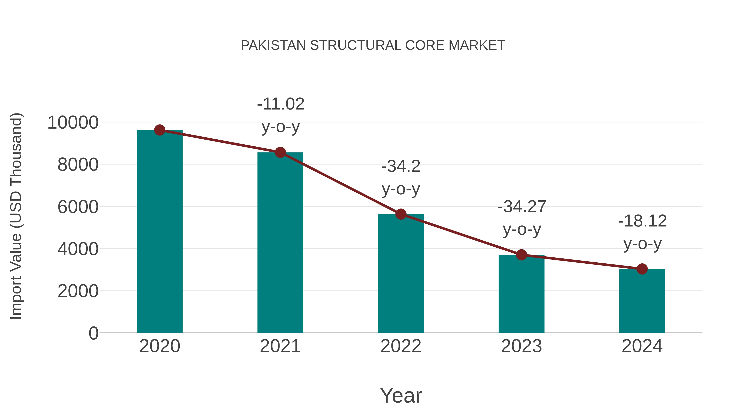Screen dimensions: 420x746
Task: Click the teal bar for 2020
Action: (x=160, y=232)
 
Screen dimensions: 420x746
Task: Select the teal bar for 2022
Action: (x=401, y=274)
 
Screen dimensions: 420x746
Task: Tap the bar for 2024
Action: (x=642, y=301)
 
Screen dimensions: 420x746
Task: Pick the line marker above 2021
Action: (x=280, y=152)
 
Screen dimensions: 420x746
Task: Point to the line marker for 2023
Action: (x=521, y=255)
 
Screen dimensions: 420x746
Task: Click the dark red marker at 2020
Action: (x=160, y=130)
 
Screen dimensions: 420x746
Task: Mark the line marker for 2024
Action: (x=642, y=269)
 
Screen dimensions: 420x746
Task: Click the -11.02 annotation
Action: (x=281, y=104)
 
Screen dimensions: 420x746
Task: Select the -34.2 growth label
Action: (x=401, y=166)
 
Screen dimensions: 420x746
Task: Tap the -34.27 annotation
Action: (x=522, y=207)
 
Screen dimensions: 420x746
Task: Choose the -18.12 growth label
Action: (x=642, y=221)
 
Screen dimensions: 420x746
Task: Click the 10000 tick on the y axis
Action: (x=73, y=122)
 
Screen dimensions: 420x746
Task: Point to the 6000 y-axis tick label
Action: (x=78, y=207)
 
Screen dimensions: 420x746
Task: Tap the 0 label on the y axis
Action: (x=93, y=333)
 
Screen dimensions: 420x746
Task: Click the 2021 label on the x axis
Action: (x=280, y=346)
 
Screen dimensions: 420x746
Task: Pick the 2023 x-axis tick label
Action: (x=521, y=346)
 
